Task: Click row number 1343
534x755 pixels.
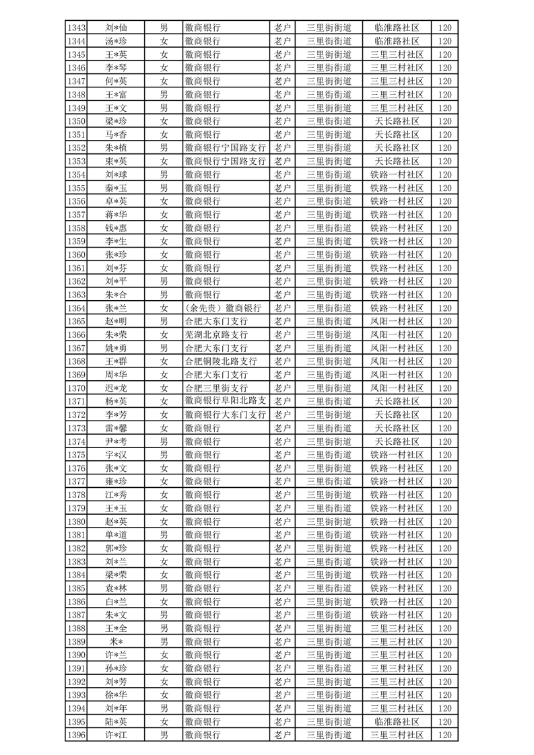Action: tap(77, 28)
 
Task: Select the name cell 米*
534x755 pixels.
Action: tap(116, 641)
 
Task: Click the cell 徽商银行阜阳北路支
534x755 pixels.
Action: tap(226, 401)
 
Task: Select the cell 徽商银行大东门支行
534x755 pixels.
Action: tap(226, 415)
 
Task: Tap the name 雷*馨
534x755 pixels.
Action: tap(116, 428)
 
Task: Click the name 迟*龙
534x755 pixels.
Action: tap(116, 388)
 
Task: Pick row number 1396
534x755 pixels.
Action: tap(77, 735)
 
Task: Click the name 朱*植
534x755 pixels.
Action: tap(116, 147)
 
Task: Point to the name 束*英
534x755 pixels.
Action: tap(116, 161)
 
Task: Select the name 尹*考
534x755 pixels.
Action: tap(116, 441)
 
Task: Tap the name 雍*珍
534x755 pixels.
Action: tap(116, 481)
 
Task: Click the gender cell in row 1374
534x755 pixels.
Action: tap(164, 441)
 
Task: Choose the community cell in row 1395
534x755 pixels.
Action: tap(397, 721)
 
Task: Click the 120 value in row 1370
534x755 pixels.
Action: tap(444, 388)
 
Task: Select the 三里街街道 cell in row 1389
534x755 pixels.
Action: tap(329, 641)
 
